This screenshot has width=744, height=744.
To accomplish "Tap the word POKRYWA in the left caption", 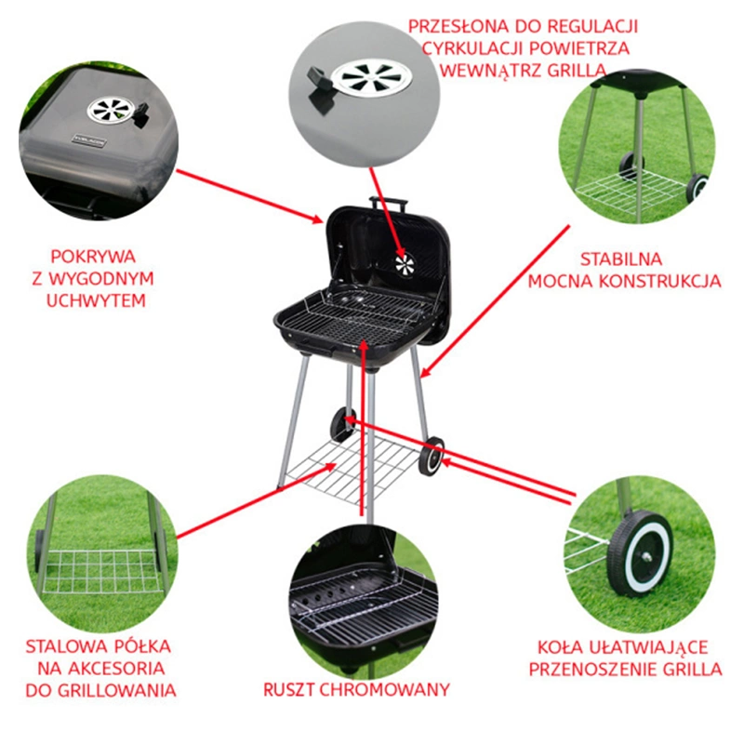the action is [93, 257].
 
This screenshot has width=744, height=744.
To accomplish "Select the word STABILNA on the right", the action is [621, 259].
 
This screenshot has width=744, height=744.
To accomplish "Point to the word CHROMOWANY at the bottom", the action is [384, 689].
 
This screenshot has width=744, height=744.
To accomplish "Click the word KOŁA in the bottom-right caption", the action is [560, 647].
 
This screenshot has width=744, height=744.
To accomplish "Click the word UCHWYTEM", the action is [96, 300].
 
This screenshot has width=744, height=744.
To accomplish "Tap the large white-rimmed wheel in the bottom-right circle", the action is [640, 552].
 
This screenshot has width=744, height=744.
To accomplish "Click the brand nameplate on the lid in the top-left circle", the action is [89, 141].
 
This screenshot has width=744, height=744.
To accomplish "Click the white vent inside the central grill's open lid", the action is [405, 265].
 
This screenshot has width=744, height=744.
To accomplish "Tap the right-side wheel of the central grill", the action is [432, 456].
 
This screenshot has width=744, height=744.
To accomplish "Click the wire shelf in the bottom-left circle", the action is [100, 572].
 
